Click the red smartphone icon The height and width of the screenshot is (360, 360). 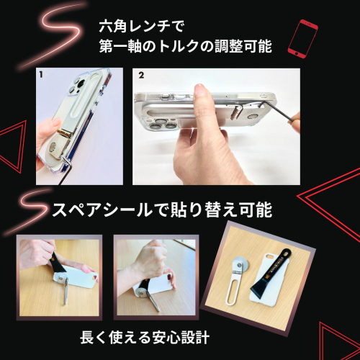coord(303,39)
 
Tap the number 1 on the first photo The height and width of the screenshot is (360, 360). coord(41,75)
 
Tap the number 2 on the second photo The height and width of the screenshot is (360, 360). coord(141,76)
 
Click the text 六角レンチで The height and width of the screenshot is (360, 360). coord(142,26)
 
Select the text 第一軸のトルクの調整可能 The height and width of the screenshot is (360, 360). coord(186,46)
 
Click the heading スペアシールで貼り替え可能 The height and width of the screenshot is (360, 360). coord(162,210)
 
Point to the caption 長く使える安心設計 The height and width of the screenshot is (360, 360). coord(145,337)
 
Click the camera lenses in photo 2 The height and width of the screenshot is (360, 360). coord(163,124)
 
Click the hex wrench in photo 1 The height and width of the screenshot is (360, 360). coord(66,169)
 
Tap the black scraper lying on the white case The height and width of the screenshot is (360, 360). coord(270,271)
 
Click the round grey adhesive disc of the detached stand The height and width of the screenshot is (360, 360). coord(240,264)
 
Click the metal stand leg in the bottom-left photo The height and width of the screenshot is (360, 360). coord(66,291)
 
